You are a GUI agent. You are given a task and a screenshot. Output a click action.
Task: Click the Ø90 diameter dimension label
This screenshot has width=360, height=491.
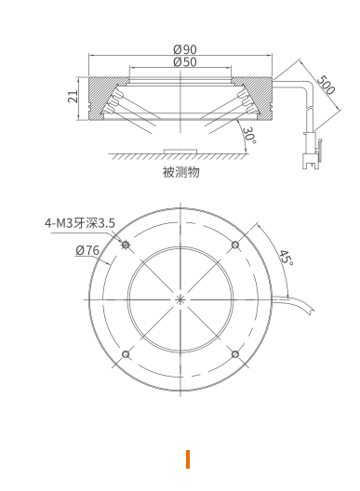185,49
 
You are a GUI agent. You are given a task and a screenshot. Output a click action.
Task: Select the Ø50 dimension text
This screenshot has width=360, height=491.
185,62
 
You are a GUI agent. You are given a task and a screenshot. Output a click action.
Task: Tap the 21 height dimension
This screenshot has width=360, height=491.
73,97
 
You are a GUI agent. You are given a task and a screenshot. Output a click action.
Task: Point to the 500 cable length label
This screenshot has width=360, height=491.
326,85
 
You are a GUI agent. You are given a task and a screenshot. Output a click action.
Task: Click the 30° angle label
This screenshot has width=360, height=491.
249,135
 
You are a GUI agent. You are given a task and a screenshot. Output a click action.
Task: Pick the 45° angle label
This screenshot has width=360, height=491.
287,258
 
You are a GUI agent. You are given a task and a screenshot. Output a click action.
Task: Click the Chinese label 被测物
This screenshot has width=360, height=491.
180,172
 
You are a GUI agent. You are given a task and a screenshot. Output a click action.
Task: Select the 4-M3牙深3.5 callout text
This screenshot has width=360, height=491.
80,223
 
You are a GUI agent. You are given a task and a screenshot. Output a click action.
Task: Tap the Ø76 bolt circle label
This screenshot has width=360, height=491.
87,250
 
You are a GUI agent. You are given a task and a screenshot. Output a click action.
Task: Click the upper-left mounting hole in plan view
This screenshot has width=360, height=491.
126,245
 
